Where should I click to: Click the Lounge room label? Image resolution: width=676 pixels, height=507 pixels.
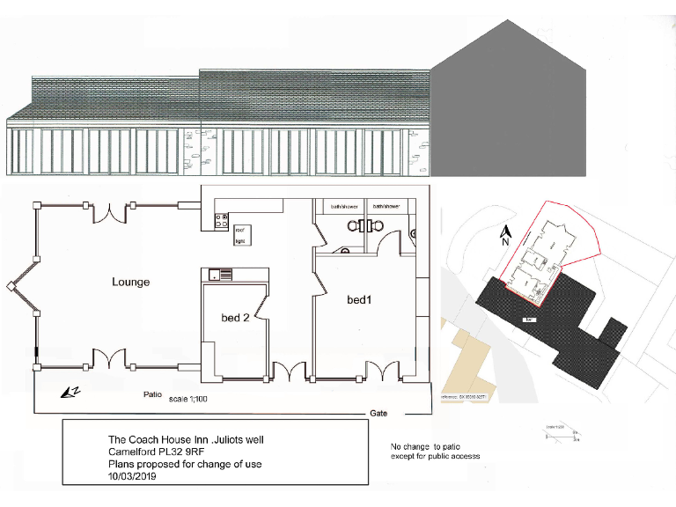[130, 282]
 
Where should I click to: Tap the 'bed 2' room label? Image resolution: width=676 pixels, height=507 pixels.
[234, 318]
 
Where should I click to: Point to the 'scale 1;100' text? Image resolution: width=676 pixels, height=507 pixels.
[189, 399]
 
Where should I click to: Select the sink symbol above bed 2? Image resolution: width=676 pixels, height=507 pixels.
[219, 275]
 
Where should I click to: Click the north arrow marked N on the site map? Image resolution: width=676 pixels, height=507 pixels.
[506, 235]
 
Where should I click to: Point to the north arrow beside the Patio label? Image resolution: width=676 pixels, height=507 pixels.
[69, 391]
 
